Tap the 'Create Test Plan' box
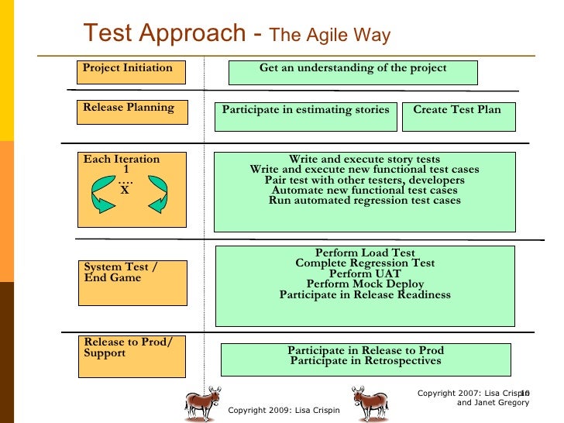coord(457,115)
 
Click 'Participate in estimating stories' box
coord(305,115)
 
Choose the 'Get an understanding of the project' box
coord(352,72)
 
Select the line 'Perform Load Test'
coord(365,253)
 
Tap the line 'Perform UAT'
coord(365,273)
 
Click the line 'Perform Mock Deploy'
coord(365,284)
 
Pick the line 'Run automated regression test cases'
coord(364,201)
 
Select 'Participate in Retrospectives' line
coord(366,361)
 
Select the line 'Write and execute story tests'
coord(364,160)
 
